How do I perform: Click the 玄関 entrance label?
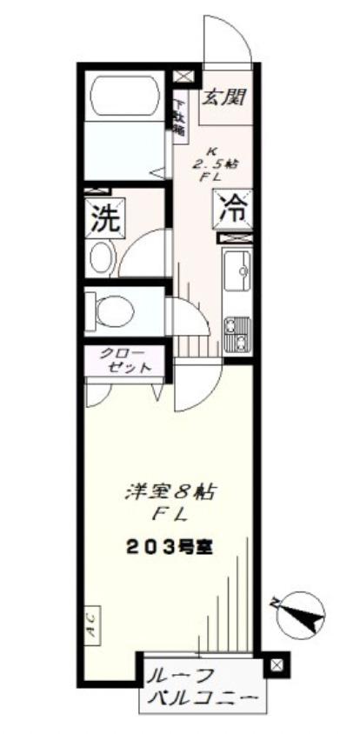coord(223,97)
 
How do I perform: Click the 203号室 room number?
coord(170,548)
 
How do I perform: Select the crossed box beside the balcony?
coord(276,666)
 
